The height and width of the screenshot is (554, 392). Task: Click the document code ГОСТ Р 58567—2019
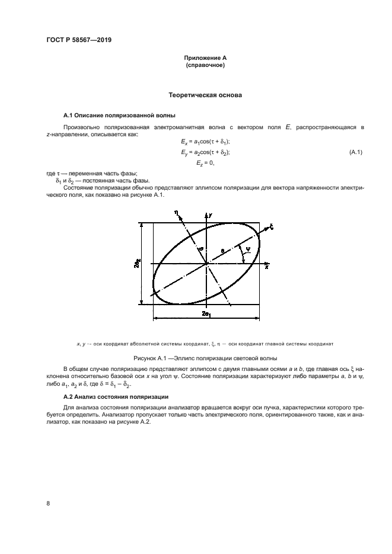[79, 40]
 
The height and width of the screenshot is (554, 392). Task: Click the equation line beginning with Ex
[205, 142]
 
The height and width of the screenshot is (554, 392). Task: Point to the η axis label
[176, 212]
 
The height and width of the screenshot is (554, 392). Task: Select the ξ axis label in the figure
[271, 226]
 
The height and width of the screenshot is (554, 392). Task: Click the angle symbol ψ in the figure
[247, 249]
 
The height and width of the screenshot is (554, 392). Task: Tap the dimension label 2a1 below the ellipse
[206, 313]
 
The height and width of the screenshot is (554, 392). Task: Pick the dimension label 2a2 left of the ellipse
[137, 264]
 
